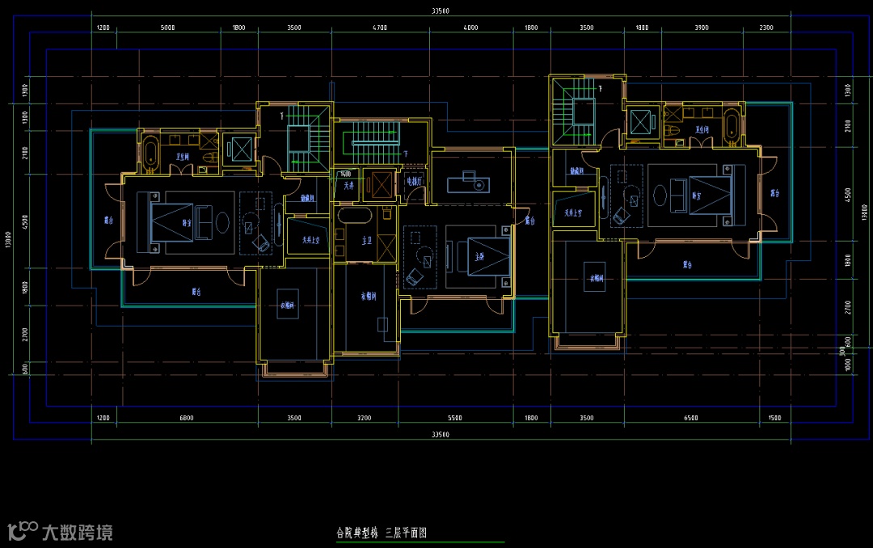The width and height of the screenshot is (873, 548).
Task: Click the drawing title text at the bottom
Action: click(381, 533)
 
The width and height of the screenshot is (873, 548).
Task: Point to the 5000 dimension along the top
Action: click(167, 27)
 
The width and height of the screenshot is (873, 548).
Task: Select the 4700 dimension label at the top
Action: click(380, 27)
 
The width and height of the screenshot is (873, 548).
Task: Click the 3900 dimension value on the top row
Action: click(701, 27)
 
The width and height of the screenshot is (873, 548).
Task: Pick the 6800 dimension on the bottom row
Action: click(186, 418)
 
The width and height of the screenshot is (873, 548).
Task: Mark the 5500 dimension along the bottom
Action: click(454, 418)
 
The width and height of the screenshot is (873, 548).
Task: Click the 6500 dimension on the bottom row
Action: click(690, 418)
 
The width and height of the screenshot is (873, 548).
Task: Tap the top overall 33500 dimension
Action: click(441, 11)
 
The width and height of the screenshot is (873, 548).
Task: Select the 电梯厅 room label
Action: click(414, 182)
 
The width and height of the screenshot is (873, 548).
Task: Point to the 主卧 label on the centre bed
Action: click(479, 256)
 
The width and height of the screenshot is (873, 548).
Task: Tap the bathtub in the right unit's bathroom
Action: click(731, 126)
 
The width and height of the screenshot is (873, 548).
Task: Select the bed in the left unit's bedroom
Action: click(171, 222)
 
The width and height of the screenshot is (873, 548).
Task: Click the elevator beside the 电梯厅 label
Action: click(378, 184)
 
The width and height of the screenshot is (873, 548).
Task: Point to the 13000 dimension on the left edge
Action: click(7, 241)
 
